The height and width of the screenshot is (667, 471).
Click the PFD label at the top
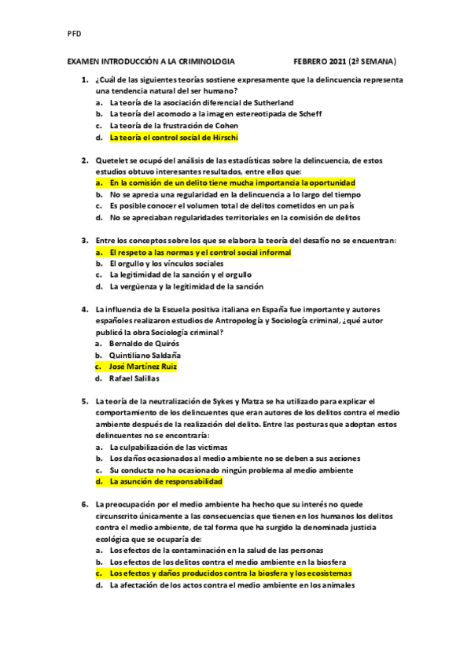click(75, 34)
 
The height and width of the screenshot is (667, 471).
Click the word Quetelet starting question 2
click(111, 160)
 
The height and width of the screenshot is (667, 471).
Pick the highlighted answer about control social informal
click(200, 252)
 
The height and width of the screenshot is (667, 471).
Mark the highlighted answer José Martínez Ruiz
click(143, 367)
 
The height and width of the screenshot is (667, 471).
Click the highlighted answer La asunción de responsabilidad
click(165, 481)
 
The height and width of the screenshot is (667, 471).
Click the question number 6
click(84, 504)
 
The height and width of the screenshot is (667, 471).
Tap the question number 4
click(84, 309)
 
